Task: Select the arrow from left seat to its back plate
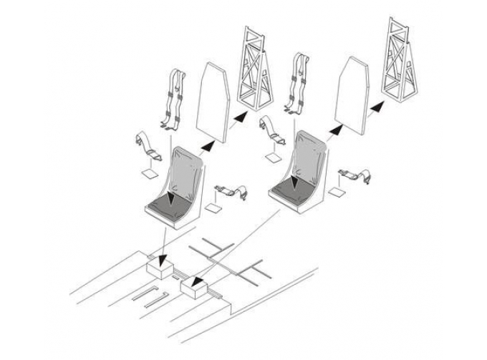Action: [x=208, y=145]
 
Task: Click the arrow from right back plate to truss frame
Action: [x=377, y=107]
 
